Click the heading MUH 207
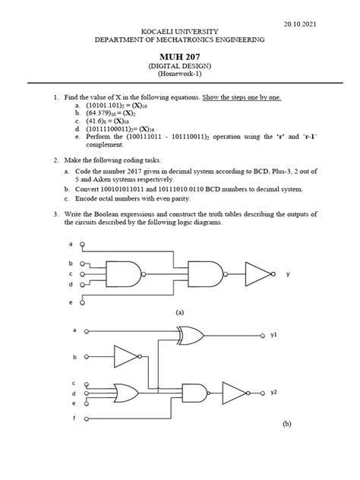click(x=179, y=56)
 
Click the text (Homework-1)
click(x=179, y=76)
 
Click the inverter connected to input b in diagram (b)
click(x=125, y=356)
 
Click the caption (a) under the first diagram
click(x=180, y=311)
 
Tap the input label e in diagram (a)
click(x=71, y=302)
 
